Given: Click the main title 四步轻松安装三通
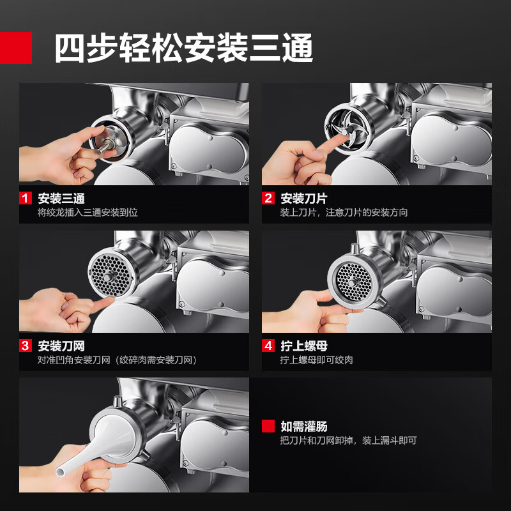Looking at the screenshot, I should pyautogui.click(x=183, y=48).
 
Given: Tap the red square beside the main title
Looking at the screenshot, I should pyautogui.click(x=15, y=48).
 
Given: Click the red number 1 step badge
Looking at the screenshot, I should pyautogui.click(x=25, y=198).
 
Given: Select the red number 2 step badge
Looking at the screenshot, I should pyautogui.click(x=268, y=198).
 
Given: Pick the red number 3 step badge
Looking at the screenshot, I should pyautogui.click(x=25, y=346).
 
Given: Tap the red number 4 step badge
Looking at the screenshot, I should pyautogui.click(x=268, y=346).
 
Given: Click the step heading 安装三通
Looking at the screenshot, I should pyautogui.click(x=61, y=198).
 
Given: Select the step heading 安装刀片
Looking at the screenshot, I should pyautogui.click(x=304, y=198).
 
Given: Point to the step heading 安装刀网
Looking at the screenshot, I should pyautogui.click(x=61, y=346).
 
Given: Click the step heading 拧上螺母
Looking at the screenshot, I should pyautogui.click(x=304, y=346).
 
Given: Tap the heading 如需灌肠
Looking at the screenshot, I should pyautogui.click(x=304, y=426).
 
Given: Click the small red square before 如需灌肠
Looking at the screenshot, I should pyautogui.click(x=268, y=426).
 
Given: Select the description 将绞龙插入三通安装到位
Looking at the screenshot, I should pyautogui.click(x=88, y=212).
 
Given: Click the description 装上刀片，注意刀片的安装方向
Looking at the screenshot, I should pyautogui.click(x=344, y=212).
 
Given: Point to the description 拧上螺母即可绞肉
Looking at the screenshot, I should pyautogui.click(x=316, y=360).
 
